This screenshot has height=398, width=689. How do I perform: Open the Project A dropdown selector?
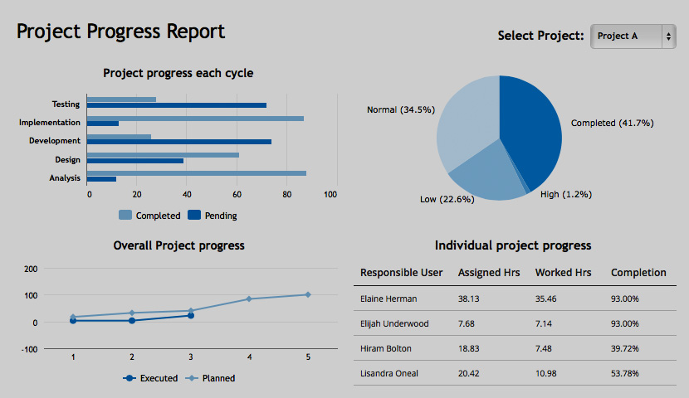(633, 36)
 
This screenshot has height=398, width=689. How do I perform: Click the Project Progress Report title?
(120, 32)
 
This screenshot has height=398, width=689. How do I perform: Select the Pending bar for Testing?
(176, 105)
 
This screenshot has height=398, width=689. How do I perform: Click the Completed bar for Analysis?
(196, 173)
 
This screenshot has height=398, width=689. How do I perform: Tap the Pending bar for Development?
(178, 142)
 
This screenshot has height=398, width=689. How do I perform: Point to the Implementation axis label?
(50, 123)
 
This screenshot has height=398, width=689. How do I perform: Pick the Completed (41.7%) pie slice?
(531, 124)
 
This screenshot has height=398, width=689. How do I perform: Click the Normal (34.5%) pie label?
(400, 109)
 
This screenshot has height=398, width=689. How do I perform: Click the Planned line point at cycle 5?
(308, 294)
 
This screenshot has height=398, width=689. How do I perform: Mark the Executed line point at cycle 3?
(191, 315)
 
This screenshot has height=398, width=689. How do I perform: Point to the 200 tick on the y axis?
(32, 269)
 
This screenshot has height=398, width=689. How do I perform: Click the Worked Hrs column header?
(563, 273)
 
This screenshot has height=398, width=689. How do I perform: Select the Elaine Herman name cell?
(388, 298)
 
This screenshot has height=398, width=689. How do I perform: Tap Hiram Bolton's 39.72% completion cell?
(624, 348)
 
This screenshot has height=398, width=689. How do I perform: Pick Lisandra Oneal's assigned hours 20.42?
(470, 373)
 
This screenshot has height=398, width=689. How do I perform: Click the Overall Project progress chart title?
(178, 245)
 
